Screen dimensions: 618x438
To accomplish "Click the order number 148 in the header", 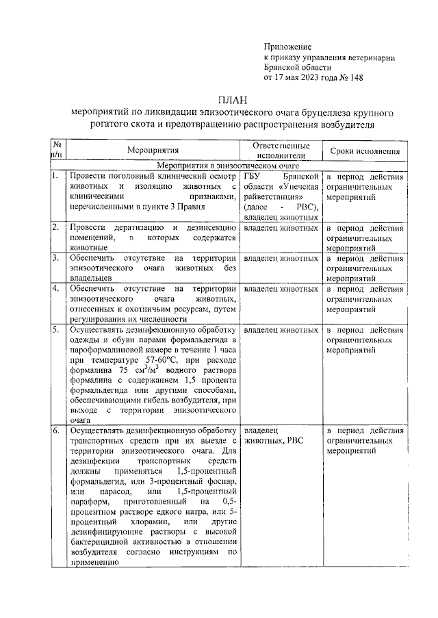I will pyautogui.click(x=355, y=77).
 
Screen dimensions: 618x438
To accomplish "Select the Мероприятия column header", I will pyautogui.click(x=152, y=149).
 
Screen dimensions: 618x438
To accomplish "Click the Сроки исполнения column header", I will pyautogui.click(x=365, y=150).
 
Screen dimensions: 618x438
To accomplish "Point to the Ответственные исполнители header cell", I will pyautogui.click(x=281, y=149).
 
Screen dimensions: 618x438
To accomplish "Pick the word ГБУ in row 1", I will pyautogui.click(x=253, y=176).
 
